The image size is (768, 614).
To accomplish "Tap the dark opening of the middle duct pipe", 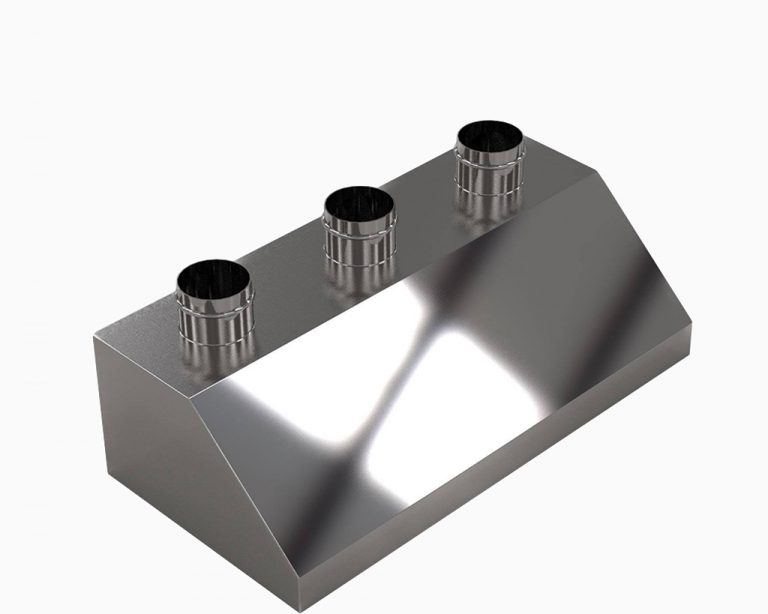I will point(358,206).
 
